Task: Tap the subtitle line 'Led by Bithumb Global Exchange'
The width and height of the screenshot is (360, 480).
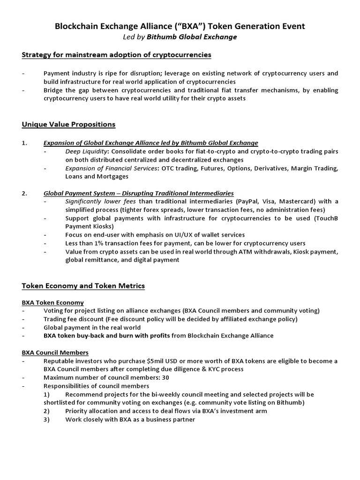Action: click(x=180, y=37)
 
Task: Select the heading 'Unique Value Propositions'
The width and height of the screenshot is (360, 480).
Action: click(x=68, y=124)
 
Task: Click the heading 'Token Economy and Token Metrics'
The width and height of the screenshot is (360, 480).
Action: click(x=83, y=285)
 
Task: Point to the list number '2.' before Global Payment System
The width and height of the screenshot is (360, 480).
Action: click(x=24, y=193)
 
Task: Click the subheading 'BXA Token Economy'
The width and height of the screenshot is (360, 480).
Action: click(x=53, y=302)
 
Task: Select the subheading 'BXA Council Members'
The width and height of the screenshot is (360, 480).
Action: click(x=55, y=352)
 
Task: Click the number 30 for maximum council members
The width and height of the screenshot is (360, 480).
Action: click(x=165, y=377)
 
